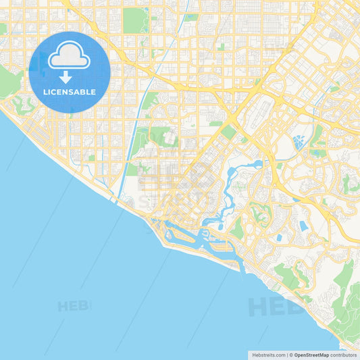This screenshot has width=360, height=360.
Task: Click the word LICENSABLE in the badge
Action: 69,92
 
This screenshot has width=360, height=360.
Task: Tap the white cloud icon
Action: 69,56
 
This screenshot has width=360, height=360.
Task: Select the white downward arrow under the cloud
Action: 66,76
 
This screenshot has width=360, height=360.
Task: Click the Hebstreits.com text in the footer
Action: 269,355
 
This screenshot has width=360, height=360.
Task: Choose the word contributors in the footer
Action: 344,355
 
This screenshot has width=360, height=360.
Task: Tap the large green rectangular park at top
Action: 134,20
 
